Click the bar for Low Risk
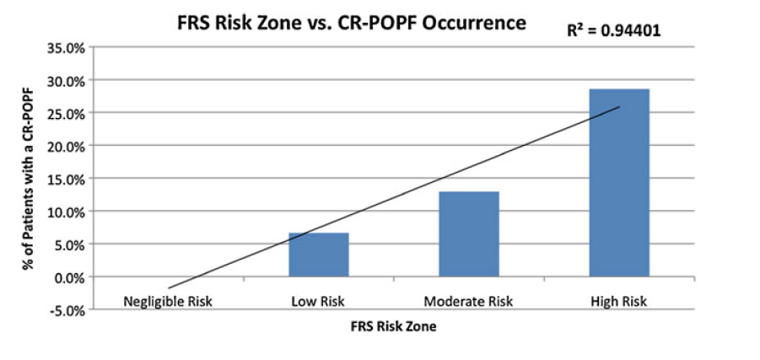point(318,255)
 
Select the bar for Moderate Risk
point(468,234)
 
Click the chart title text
point(351,24)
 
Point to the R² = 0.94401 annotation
point(613,31)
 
